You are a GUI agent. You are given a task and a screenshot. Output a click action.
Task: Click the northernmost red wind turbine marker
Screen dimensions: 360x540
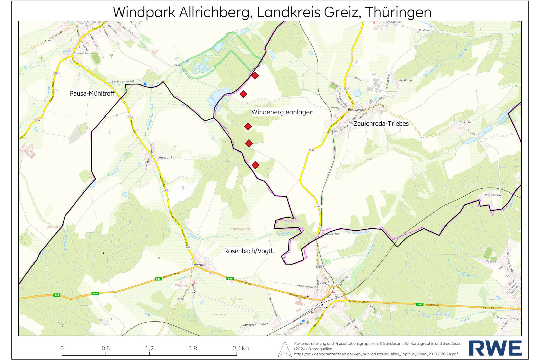point(255,76)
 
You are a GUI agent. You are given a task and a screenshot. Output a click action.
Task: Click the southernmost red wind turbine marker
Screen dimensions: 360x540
point(255,165)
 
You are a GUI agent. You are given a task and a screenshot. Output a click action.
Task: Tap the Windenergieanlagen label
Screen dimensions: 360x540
point(282,112)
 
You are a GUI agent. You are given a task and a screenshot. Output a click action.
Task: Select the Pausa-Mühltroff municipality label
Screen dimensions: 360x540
point(92,94)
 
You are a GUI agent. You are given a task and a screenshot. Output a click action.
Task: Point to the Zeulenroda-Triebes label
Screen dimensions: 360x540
point(381,124)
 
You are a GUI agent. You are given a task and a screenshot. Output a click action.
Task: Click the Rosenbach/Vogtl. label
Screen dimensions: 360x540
point(249,251)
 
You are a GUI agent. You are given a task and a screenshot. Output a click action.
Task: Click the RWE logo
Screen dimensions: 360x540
point(495,348)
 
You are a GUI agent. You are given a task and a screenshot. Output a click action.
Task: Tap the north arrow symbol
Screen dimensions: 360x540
point(285,349)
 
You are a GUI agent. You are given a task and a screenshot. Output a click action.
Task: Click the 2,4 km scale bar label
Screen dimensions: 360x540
point(241,348)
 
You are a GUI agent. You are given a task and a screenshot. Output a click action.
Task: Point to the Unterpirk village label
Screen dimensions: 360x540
point(165,158)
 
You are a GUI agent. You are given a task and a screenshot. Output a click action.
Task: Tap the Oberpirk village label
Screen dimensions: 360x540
point(199,265)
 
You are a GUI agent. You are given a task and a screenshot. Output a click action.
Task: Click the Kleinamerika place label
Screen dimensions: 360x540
point(493,195)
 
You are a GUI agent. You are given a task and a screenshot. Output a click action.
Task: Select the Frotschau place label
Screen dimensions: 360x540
point(466,122)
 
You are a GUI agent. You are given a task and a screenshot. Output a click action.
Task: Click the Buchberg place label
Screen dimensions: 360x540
point(405,80)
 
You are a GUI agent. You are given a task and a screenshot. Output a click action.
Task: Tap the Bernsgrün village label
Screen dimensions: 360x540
point(356,110)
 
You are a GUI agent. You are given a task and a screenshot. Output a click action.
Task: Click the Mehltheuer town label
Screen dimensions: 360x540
point(333,285)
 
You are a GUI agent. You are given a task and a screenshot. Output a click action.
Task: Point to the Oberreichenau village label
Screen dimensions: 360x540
point(83,53)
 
